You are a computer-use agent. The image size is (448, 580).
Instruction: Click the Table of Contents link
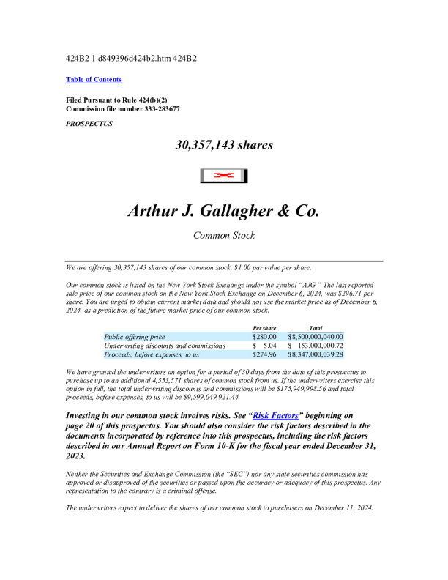94,79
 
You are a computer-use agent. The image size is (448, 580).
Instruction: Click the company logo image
224,176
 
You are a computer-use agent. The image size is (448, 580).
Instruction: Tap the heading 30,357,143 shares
224,145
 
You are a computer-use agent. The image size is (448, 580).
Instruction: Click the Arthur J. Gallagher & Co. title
224,212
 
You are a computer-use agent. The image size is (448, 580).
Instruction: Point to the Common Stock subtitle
224,236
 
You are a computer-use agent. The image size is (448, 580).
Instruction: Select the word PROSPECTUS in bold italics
89,124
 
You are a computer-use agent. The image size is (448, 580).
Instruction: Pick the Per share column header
264,327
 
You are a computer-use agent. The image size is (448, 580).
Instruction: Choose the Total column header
316,327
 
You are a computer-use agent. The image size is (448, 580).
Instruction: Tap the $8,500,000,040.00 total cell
316,336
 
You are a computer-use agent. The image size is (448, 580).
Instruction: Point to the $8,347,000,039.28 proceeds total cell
316,354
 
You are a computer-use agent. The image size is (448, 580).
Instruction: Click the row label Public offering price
135,336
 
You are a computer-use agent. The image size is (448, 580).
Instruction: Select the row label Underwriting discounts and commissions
165,345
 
